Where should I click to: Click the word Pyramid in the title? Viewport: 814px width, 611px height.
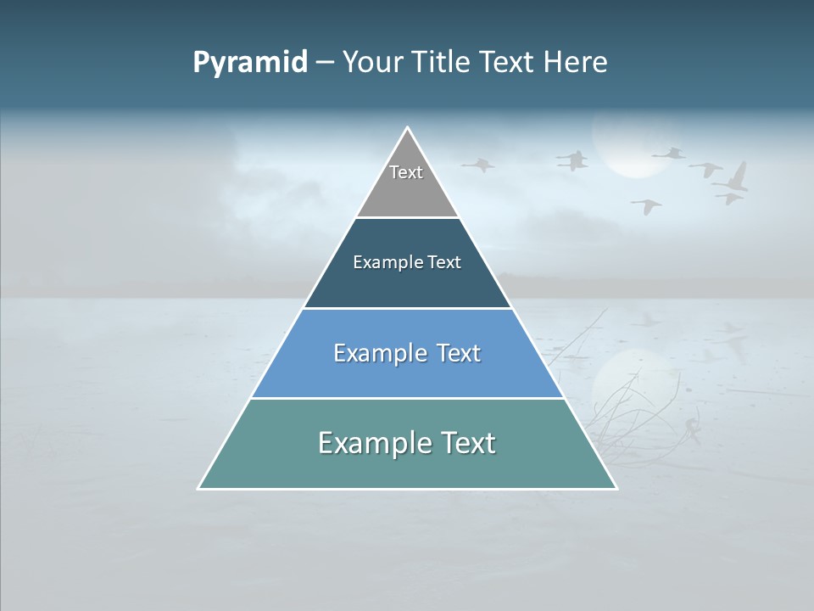click(x=250, y=63)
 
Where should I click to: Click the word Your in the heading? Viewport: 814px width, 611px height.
click(x=371, y=63)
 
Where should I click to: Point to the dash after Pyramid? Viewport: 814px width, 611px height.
click(x=325, y=63)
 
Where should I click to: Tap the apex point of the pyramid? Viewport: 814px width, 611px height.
click(x=408, y=128)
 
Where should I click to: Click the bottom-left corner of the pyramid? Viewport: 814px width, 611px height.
click(x=199, y=488)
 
